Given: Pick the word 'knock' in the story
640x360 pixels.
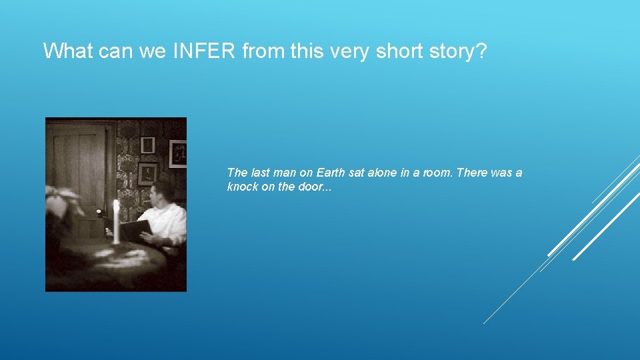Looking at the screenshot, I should click(x=242, y=187).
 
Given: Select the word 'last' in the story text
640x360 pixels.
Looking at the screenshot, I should click(x=260, y=173).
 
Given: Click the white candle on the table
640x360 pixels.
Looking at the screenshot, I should click(x=116, y=220).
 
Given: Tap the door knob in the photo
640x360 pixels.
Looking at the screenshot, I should click(x=99, y=213).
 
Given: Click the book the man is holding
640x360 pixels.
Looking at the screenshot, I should click(x=135, y=231).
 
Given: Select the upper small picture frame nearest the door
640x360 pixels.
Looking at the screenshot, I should click(x=147, y=145).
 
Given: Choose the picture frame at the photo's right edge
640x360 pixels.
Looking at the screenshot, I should click(x=178, y=153).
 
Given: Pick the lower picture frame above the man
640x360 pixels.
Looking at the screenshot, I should click(x=147, y=173).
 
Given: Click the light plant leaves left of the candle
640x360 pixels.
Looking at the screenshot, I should click(x=62, y=200).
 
